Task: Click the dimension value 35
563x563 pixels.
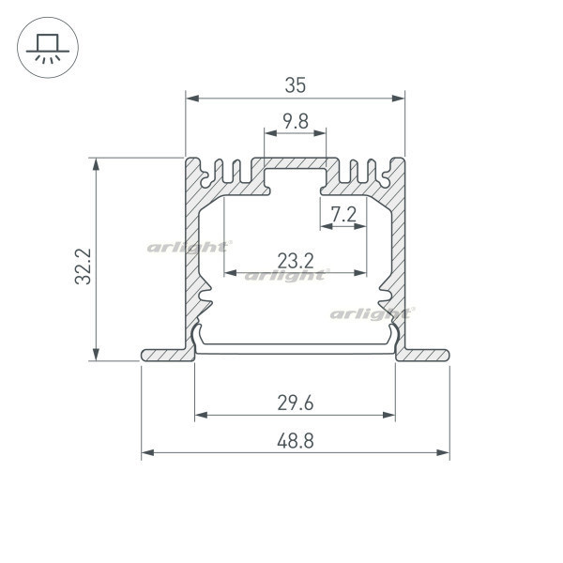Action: click(296, 85)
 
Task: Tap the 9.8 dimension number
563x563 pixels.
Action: click(296, 121)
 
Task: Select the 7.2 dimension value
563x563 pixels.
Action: click(343, 215)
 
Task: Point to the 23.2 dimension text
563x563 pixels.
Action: click(296, 261)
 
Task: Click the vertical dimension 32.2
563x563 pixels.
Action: click(84, 266)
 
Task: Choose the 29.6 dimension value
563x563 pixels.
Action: click(296, 403)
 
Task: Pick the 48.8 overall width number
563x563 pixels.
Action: click(296, 441)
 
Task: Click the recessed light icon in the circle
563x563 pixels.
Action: click(48, 48)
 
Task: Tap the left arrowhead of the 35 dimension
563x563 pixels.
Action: click(192, 99)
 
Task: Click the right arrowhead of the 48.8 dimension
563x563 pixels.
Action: click(443, 452)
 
